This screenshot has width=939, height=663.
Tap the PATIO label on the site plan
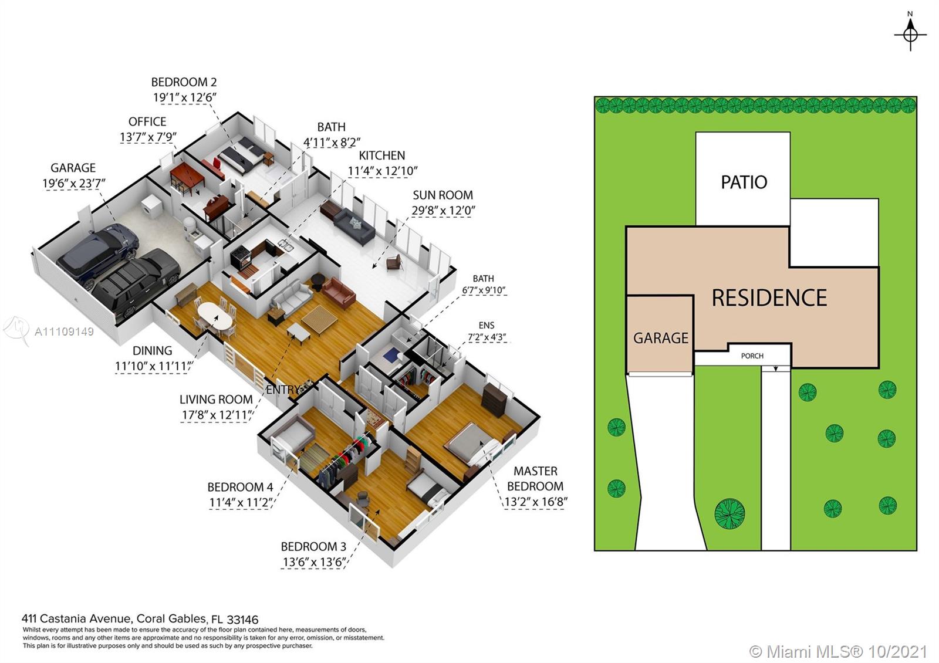(744, 182)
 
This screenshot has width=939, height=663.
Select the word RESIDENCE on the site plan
(769, 297)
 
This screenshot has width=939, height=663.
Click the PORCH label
(752, 356)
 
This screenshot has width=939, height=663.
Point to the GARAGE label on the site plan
(661, 338)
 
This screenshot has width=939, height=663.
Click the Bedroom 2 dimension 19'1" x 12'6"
(185, 97)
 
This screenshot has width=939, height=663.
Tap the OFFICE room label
(147, 121)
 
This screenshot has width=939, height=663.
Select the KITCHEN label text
(382, 155)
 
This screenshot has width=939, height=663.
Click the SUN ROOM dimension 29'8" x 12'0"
(443, 211)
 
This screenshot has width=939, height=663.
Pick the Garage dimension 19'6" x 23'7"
(74, 184)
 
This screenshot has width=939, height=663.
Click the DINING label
(152, 350)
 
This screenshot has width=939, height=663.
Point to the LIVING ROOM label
(216, 400)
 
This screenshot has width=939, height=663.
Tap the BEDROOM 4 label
(240, 487)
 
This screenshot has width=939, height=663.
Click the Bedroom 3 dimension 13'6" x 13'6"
(314, 562)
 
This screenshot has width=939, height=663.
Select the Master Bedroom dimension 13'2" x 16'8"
(536, 502)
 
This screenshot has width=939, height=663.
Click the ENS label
(487, 325)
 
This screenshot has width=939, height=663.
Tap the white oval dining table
(215, 315)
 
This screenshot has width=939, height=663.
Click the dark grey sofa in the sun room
(354, 226)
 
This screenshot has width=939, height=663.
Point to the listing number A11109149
(64, 332)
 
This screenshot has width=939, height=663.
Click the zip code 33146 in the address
(242, 620)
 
